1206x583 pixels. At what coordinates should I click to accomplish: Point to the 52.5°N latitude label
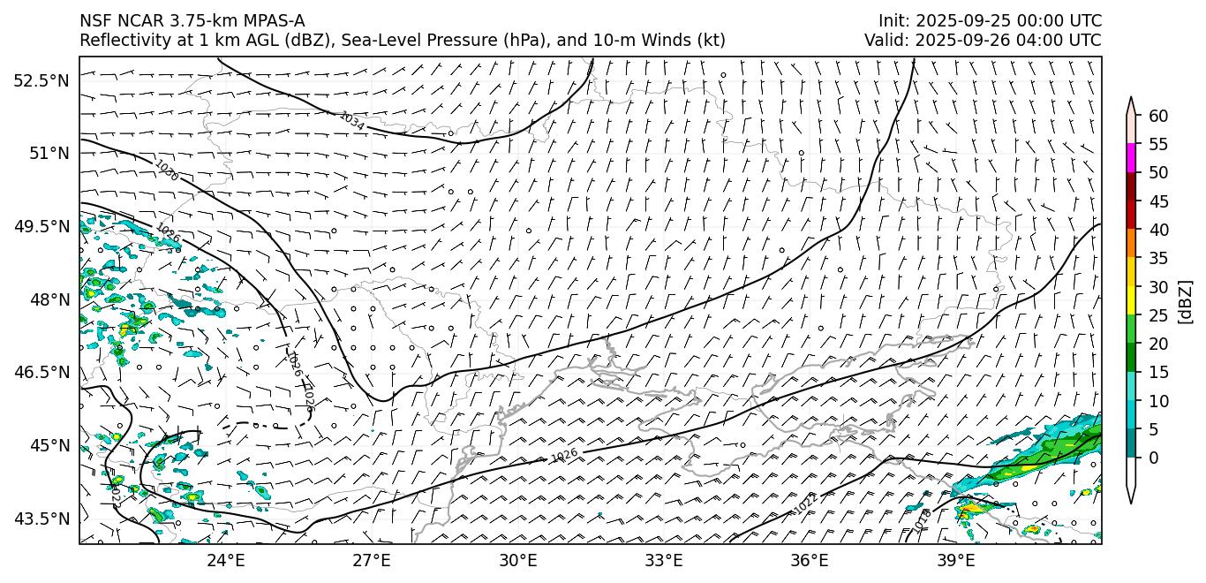coord(41,80)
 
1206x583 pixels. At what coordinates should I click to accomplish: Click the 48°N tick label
coord(49,299)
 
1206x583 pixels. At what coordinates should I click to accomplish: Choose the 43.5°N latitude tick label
coord(41,519)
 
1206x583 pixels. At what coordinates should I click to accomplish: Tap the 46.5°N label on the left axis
coord(41,372)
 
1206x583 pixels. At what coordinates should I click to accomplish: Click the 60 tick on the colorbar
coord(1158,116)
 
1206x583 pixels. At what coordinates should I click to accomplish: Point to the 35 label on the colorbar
coord(1158,258)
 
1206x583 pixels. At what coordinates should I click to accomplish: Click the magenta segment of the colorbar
coord(1130,158)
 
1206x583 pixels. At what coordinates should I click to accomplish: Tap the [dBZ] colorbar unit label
coord(1185,302)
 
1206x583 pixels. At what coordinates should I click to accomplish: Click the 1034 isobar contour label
coord(351,121)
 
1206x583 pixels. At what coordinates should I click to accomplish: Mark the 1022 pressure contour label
coord(806,502)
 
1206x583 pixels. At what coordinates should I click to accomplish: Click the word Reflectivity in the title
coord(119,41)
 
